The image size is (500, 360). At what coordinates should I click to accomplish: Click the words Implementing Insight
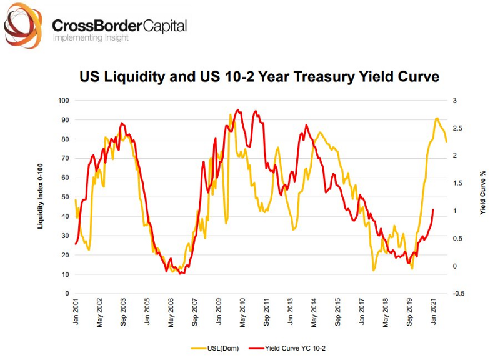pyautogui.click(x=91, y=38)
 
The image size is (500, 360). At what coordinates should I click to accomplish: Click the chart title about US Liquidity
pyautogui.click(x=259, y=77)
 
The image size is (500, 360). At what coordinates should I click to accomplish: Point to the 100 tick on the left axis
pyautogui.click(x=62, y=100)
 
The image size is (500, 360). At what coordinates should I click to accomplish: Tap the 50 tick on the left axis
pyautogui.click(x=64, y=197)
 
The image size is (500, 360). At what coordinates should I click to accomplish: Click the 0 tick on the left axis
pyautogui.click(x=66, y=294)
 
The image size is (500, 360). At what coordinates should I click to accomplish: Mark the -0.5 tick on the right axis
pyautogui.click(x=458, y=294)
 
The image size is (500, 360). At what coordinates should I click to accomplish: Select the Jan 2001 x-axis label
pyautogui.click(x=76, y=311)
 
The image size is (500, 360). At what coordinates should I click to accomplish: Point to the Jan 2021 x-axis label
pyautogui.click(x=434, y=311)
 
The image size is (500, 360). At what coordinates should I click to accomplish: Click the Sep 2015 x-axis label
pyautogui.click(x=338, y=311)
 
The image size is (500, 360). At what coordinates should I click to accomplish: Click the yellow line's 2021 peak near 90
pyautogui.click(x=437, y=118)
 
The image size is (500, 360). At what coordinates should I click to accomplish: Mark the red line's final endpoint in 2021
pyautogui.click(x=433, y=210)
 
